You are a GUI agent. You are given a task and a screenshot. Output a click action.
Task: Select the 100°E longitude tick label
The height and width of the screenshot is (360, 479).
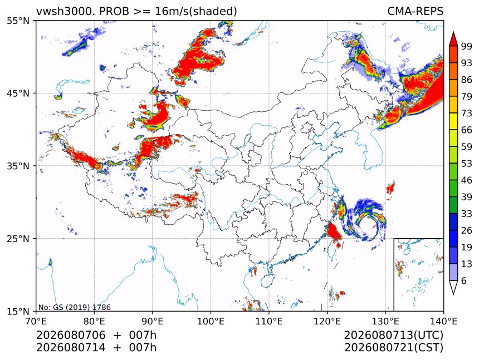click(x=211, y=321)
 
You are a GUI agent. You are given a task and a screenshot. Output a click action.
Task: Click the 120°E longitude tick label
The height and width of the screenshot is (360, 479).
click(x=327, y=321)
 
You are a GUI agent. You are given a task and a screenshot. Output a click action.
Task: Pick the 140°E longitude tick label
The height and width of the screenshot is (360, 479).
click(x=443, y=321)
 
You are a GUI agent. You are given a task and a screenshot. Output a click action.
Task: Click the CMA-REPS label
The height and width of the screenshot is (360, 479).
click(x=415, y=11)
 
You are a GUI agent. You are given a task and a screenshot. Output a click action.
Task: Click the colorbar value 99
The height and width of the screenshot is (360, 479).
click(x=467, y=46)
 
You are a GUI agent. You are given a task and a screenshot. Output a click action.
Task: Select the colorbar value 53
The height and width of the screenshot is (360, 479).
click(x=467, y=164)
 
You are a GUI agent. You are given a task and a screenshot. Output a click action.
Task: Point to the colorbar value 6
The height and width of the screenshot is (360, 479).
click(x=464, y=280)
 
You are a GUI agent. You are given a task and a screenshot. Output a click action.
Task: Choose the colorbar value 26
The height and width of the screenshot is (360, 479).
click(x=467, y=230)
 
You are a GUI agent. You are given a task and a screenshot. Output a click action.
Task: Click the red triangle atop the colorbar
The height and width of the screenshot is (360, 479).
click(x=453, y=39)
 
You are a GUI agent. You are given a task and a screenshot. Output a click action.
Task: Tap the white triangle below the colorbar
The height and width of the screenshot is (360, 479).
click(x=453, y=287)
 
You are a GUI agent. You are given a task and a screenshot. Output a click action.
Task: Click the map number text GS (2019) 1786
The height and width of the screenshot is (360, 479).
click(x=82, y=307)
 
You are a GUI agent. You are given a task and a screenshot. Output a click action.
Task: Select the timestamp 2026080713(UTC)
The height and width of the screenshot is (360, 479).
click(x=393, y=335)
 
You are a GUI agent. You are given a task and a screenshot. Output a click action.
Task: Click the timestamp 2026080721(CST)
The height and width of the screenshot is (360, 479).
click(x=393, y=348)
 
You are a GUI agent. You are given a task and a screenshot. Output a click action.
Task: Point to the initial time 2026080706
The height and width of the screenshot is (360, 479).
click(x=71, y=335)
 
